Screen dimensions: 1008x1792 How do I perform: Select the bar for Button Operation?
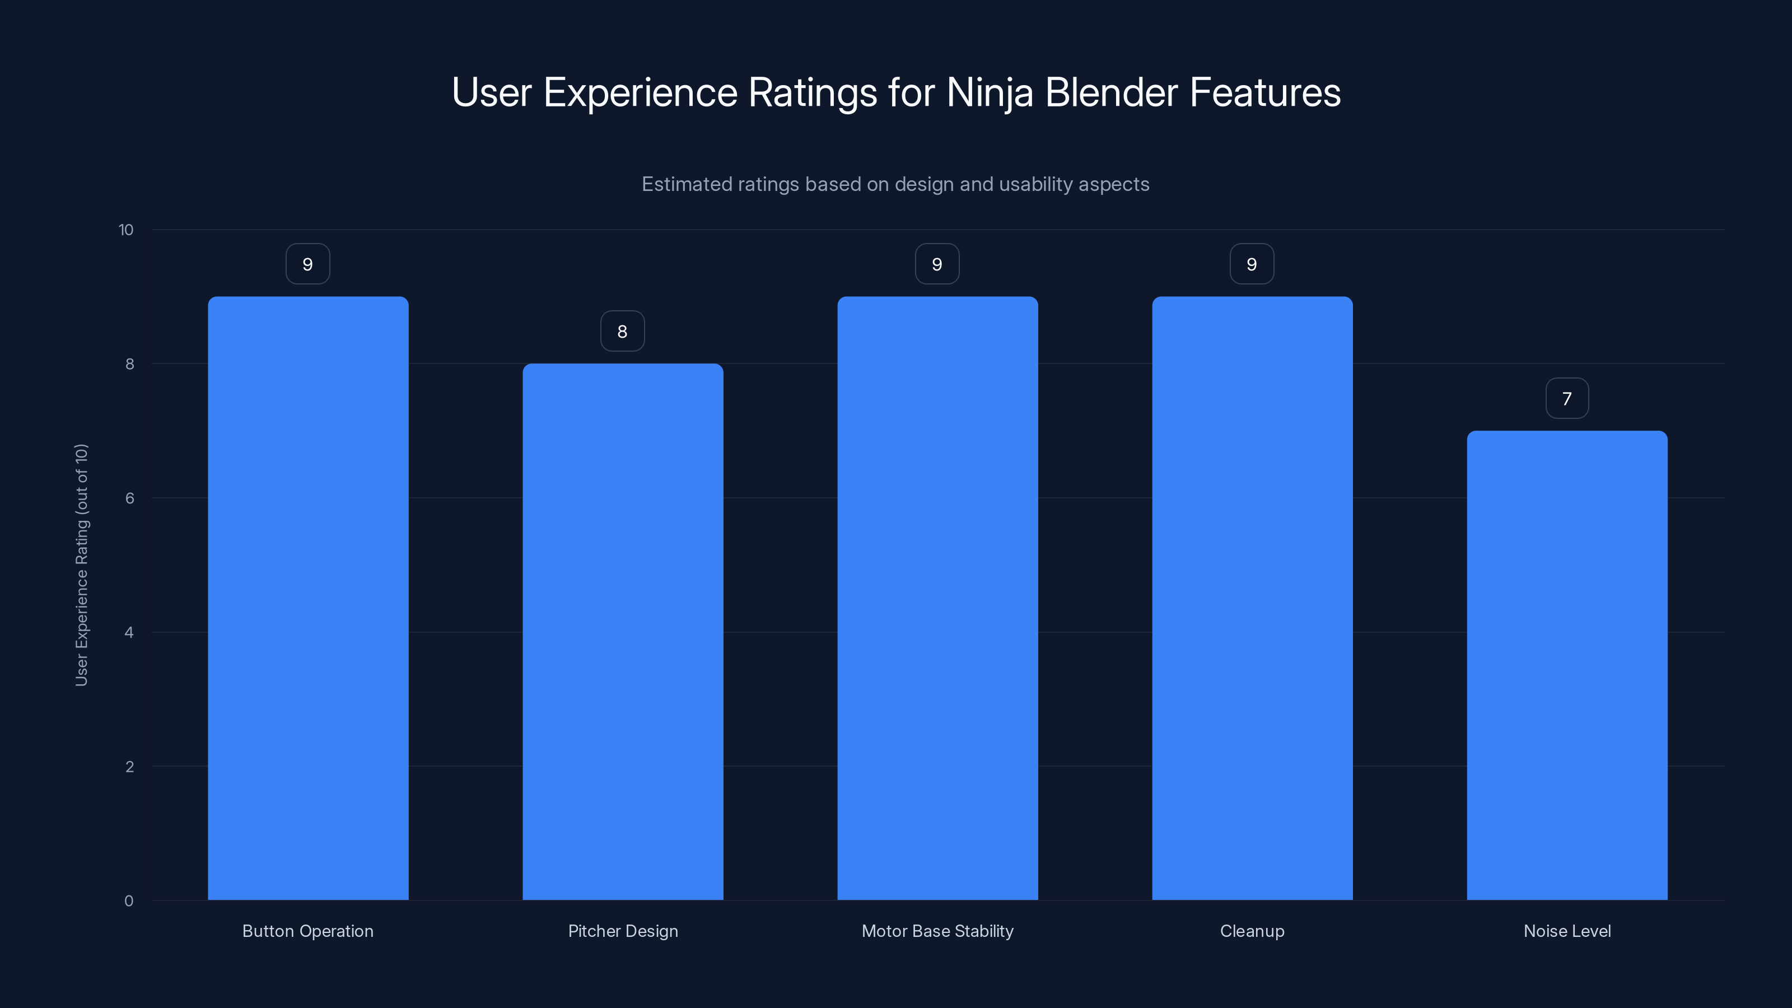click(x=307, y=598)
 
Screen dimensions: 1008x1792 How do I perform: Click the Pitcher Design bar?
click(x=623, y=632)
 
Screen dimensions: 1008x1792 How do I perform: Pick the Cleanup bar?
click(x=1252, y=598)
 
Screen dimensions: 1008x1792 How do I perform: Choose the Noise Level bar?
click(x=1567, y=665)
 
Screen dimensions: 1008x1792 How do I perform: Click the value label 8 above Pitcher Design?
click(x=623, y=331)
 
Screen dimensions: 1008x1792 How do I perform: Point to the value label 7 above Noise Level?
click(x=1567, y=399)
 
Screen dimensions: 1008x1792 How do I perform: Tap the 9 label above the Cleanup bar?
click(x=1252, y=264)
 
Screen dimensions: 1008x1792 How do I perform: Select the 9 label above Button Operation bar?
click(x=307, y=264)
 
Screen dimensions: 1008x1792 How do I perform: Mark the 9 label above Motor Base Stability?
click(x=937, y=264)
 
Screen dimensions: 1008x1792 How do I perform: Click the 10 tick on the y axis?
click(x=126, y=230)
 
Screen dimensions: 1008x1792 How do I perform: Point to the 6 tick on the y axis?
click(x=129, y=498)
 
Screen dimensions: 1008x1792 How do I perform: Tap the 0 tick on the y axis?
click(x=129, y=901)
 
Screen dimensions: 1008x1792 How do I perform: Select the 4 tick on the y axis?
click(x=129, y=632)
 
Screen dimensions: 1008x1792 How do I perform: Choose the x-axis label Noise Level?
click(x=1567, y=931)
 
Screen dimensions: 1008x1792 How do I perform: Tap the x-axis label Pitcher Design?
click(x=623, y=931)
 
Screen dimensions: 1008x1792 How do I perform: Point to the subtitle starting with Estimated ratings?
click(x=895, y=184)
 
